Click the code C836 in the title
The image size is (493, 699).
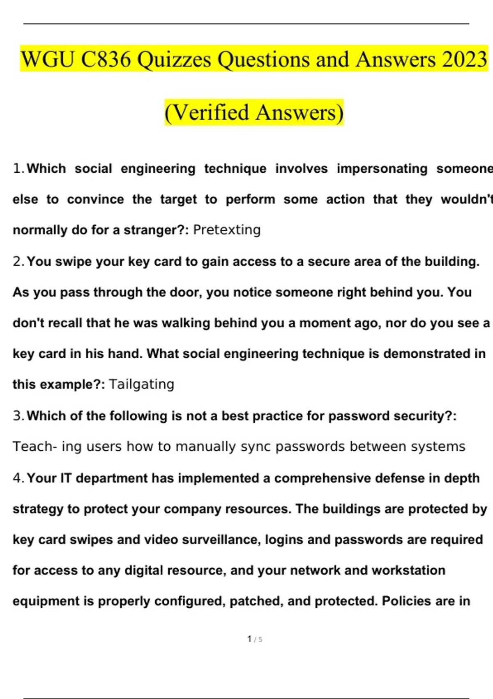click(x=106, y=59)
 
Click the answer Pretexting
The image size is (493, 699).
click(x=227, y=229)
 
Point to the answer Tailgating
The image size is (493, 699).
click(x=142, y=384)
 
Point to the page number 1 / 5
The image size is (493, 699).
click(x=255, y=639)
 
